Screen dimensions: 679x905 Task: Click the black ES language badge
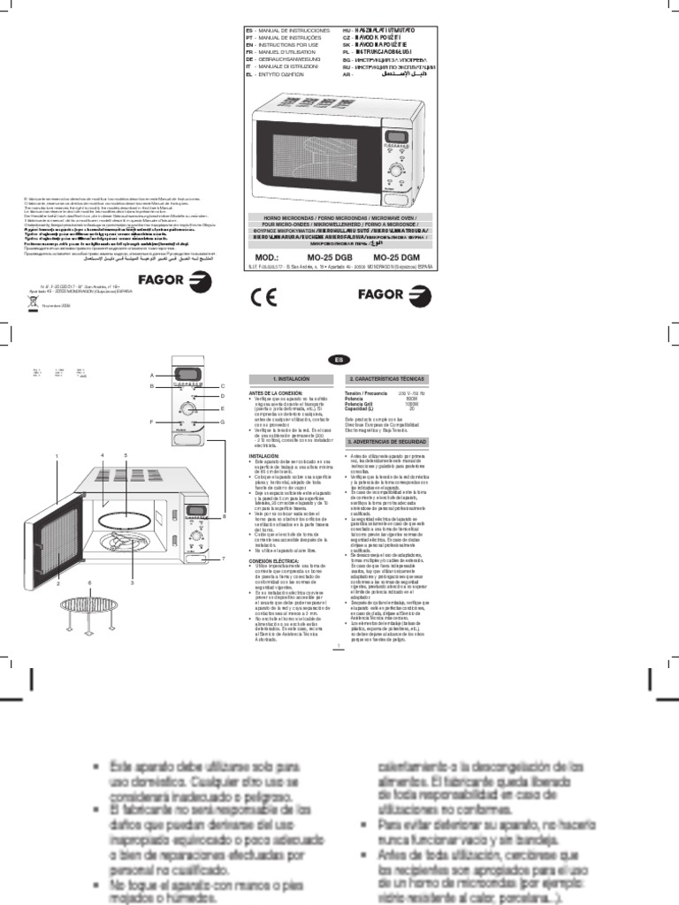[339, 359]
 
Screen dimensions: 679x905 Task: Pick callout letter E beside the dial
[224, 409]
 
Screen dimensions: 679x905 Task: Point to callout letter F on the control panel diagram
[152, 423]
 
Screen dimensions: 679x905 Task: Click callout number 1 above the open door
[56, 455]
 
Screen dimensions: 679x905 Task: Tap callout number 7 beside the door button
[224, 559]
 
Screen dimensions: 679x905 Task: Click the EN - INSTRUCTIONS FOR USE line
[281, 45]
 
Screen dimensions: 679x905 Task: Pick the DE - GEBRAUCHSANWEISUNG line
[285, 61]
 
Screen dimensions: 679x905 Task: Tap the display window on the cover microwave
[398, 136]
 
